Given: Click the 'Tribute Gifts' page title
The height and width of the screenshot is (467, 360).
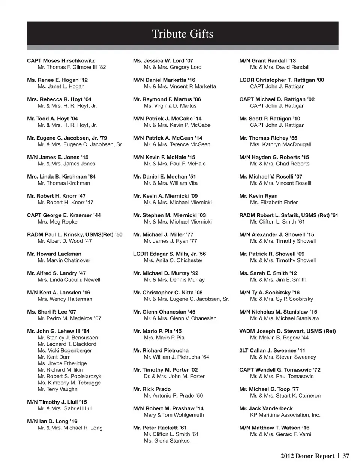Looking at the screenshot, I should pyautogui.click(x=182, y=34).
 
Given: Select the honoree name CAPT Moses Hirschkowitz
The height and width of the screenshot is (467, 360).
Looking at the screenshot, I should pyautogui.click(x=61, y=60).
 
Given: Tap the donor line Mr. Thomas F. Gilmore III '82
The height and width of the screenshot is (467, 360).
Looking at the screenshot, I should pyautogui.click(x=72, y=67).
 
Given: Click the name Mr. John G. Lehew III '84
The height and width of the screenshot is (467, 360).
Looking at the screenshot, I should pyautogui.click(x=58, y=331).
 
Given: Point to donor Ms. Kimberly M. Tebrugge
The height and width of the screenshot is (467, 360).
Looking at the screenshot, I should pyautogui.click(x=69, y=383).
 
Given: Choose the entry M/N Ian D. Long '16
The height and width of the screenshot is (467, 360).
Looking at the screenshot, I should pyautogui.click(x=52, y=421).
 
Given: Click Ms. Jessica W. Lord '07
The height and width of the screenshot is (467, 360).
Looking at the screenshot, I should pyautogui.click(x=163, y=60).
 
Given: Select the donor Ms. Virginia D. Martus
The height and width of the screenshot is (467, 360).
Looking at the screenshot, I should pyautogui.click(x=170, y=106).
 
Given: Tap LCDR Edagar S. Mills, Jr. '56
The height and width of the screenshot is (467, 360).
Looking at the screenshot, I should pyautogui.click(x=169, y=254).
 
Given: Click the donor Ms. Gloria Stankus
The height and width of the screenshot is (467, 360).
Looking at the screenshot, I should pyautogui.click(x=166, y=441).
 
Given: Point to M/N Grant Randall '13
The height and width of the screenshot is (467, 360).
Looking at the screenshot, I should pyautogui.click(x=267, y=60).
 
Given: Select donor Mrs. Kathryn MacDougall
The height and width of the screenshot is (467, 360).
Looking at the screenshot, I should pyautogui.click(x=280, y=144).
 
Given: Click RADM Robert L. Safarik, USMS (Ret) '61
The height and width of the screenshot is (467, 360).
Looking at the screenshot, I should pyautogui.click(x=288, y=215).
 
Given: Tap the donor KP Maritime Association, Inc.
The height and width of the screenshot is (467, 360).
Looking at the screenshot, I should pyautogui.click(x=285, y=415).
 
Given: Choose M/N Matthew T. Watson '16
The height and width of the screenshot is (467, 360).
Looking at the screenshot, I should pyautogui.click(x=274, y=428).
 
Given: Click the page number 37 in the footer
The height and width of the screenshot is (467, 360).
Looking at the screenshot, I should pyautogui.click(x=346, y=456).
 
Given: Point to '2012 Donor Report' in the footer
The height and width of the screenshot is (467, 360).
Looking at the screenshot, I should pyautogui.click(x=307, y=456).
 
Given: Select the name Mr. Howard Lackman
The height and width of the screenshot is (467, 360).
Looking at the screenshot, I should pyautogui.click(x=54, y=254).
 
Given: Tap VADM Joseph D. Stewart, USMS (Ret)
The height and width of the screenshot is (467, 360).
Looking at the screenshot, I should pyautogui.click(x=287, y=331).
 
